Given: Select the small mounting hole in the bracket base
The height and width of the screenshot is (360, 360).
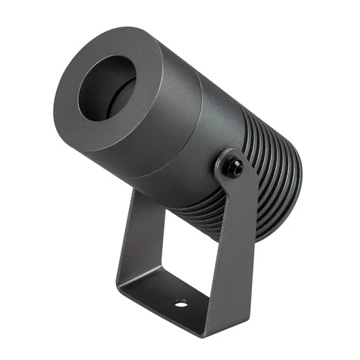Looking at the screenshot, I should pos(181,304).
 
